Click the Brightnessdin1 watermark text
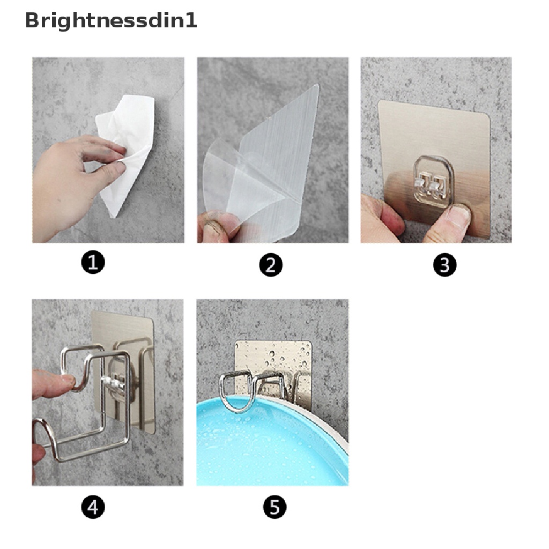pos(111,21)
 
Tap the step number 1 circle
pos(93,263)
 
